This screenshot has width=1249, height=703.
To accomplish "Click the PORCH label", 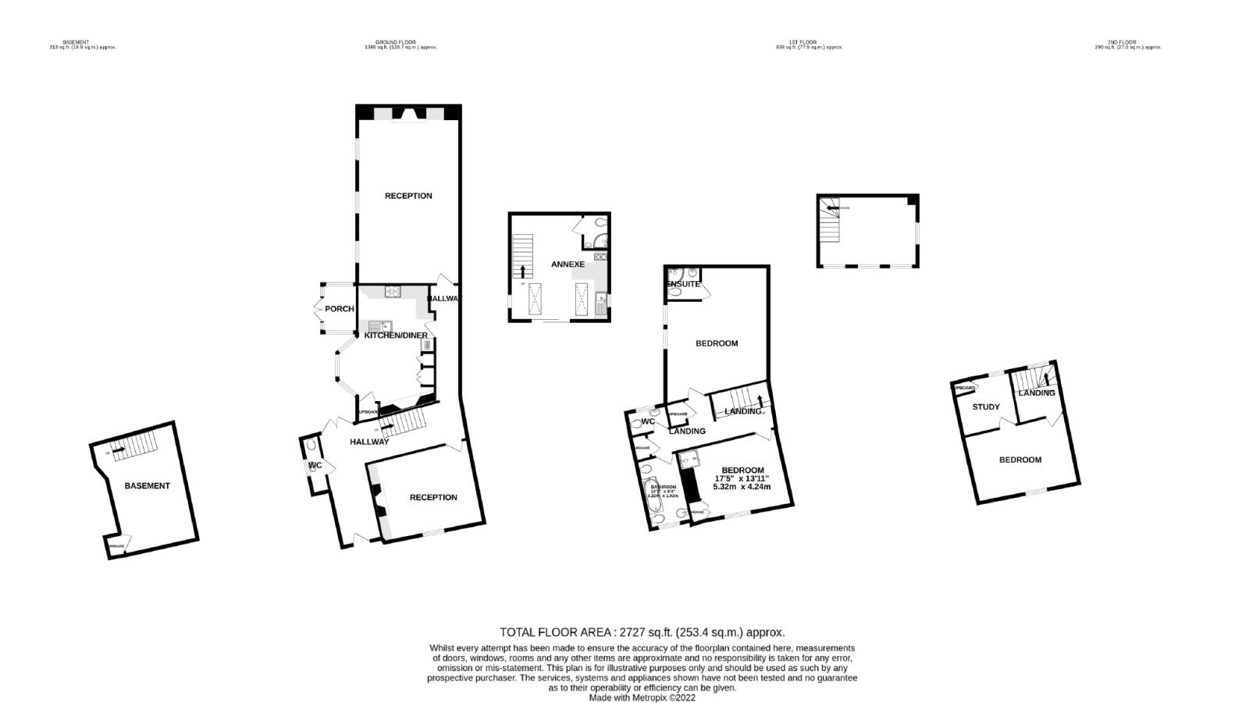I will (x=340, y=309).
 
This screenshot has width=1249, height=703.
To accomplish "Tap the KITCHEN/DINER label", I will (x=396, y=336).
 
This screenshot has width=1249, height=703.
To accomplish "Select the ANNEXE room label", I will (x=568, y=265).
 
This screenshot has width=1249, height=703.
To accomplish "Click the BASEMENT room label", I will (x=147, y=486).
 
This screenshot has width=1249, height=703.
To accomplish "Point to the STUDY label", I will (x=986, y=407).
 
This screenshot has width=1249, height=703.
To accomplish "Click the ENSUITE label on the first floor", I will (x=683, y=284).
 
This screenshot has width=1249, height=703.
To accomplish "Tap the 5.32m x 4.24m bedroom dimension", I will (x=742, y=487).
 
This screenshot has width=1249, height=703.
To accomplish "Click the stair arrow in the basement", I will (x=118, y=450).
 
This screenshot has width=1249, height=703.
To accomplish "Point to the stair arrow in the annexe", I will (x=523, y=271).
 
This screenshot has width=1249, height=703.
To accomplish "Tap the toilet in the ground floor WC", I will (x=312, y=446).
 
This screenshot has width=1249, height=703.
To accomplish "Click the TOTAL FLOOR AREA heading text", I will (x=642, y=633).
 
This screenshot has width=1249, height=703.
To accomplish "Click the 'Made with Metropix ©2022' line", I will (x=642, y=698).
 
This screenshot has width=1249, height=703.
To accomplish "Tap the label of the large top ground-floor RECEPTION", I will (x=408, y=196).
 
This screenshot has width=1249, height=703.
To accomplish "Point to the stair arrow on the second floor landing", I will (x=1047, y=379).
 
